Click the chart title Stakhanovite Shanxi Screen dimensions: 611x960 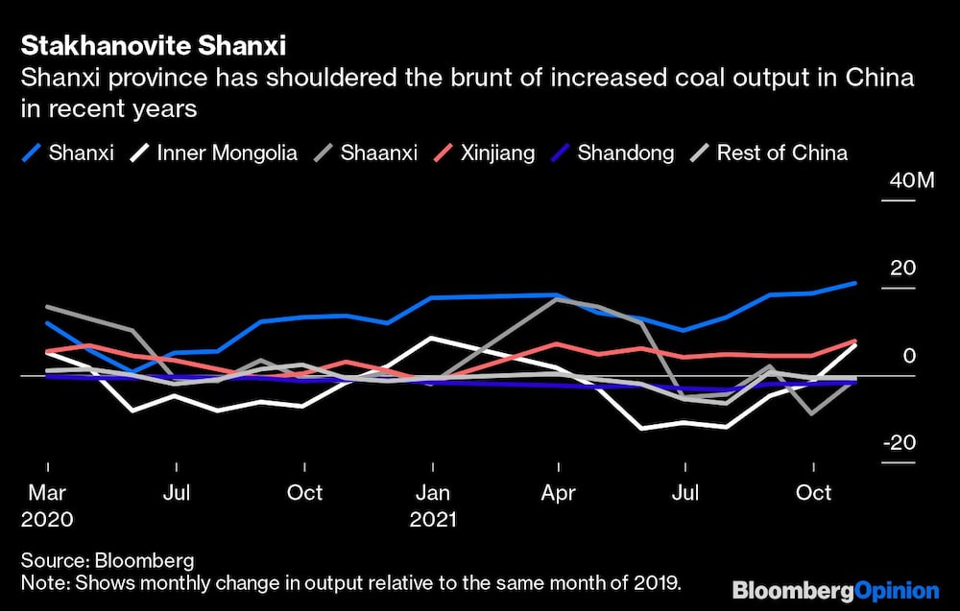click(x=153, y=45)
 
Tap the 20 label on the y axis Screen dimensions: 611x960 click(x=902, y=268)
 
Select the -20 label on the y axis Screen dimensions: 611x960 click(x=899, y=443)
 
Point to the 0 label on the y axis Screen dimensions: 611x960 click(x=908, y=356)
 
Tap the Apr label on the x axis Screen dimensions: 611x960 click(x=559, y=492)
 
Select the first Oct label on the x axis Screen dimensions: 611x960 click(x=304, y=492)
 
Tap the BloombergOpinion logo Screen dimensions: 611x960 click(x=834, y=590)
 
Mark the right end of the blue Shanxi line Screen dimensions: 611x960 click(x=854, y=283)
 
